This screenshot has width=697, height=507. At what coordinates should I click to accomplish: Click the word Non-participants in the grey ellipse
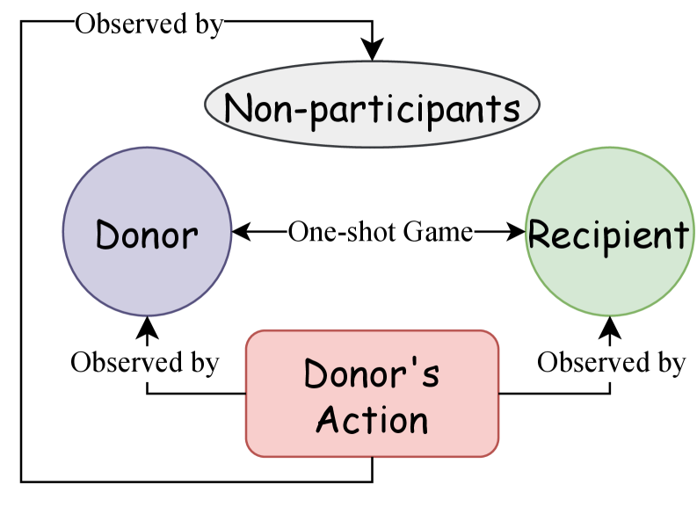pyautogui.click(x=372, y=109)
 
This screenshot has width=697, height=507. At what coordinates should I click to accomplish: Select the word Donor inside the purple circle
pyautogui.click(x=147, y=235)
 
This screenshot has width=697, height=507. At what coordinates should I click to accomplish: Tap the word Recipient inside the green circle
pyautogui.click(x=608, y=235)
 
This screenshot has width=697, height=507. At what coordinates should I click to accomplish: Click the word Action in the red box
pyautogui.click(x=372, y=420)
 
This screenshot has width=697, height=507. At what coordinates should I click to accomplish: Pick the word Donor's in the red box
pyautogui.click(x=372, y=374)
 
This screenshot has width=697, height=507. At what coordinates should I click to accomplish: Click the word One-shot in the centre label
pyautogui.click(x=343, y=233)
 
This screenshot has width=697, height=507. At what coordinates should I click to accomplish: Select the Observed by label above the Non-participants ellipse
pyautogui.click(x=149, y=25)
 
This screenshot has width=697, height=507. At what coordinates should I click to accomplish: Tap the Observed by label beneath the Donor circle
pyautogui.click(x=145, y=363)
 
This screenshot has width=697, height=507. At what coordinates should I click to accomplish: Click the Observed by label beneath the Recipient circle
pyautogui.click(x=612, y=363)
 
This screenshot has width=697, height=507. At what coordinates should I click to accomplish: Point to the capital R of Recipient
pyautogui.click(x=538, y=235)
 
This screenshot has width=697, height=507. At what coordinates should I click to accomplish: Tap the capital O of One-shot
pyautogui.click(x=297, y=233)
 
